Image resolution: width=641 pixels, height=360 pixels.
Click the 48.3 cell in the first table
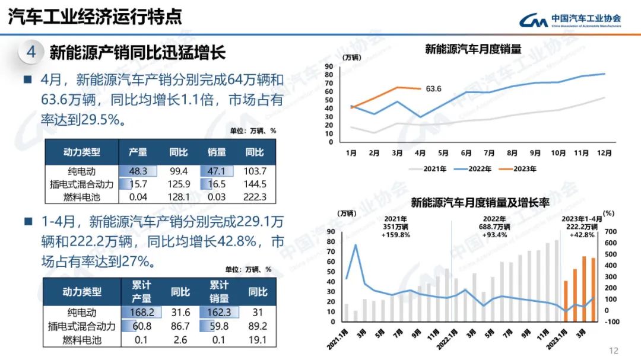pos(138,171)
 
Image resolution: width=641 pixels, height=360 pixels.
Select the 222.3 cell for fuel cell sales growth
pos(255,197)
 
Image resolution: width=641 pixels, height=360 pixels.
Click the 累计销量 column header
pos(219,292)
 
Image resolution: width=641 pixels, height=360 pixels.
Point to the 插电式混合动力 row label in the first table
pos(82,184)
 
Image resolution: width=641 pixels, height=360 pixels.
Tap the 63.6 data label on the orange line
pos(434,89)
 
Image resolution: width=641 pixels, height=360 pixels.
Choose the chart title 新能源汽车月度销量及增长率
pos(480,203)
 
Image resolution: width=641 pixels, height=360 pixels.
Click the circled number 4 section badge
pos(31,52)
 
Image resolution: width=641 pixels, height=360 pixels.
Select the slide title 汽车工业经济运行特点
pos(95,17)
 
